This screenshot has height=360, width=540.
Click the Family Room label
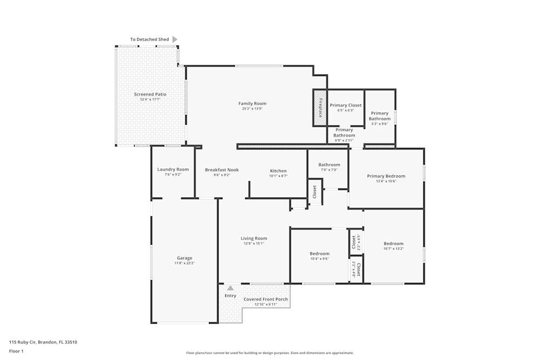coord(252,104)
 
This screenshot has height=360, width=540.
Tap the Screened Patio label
coord(150,94)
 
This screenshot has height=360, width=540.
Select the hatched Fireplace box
coord(320,108)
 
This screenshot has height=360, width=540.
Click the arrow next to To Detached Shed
coord(174,39)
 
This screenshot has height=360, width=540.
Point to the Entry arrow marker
coord(230,288)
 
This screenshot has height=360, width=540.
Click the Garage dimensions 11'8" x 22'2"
coord(184,263)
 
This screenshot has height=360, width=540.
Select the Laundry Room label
coord(173,169)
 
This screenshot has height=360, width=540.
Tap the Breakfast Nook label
coord(221,170)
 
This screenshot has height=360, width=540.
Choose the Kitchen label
coord(278,171)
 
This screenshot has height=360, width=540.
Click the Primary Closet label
coord(346,105)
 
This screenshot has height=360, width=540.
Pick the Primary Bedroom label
coord(386,176)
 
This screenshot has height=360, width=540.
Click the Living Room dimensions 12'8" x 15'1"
coord(254,243)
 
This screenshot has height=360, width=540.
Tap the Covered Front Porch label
coord(266,299)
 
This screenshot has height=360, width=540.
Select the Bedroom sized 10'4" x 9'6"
coord(319,254)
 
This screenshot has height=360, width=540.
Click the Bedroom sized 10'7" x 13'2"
coord(393,243)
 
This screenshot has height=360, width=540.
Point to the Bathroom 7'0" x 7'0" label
coord(329,165)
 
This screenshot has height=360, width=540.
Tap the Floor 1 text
coord(16,351)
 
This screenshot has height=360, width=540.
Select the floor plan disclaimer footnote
coord(269,353)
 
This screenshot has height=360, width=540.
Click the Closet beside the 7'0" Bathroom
coord(315,192)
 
